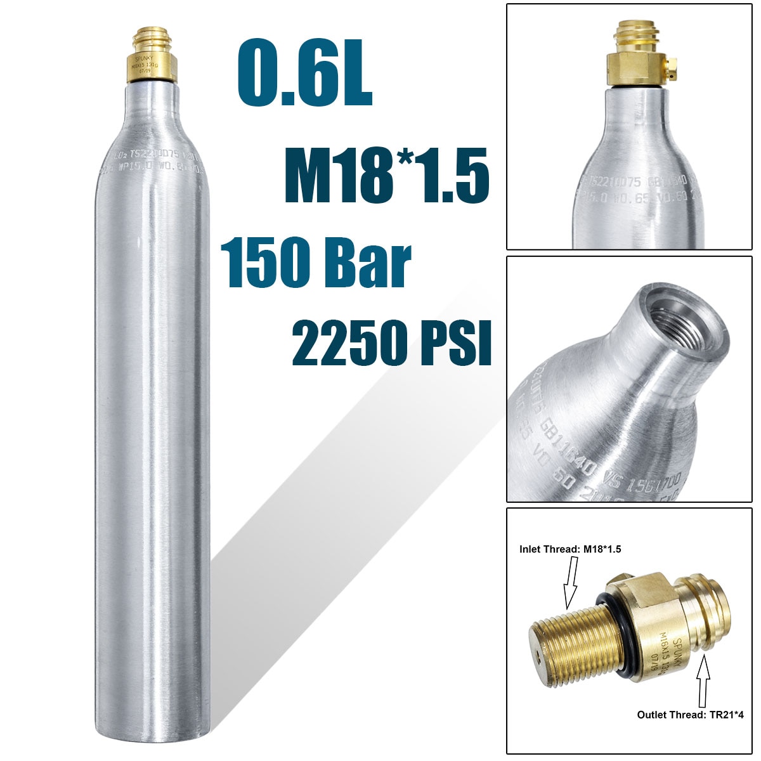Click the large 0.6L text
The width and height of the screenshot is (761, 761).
tap(304, 75)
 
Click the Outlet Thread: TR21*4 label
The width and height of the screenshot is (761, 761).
tap(691, 715)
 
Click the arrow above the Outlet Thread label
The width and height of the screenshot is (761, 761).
tap(703, 682)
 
